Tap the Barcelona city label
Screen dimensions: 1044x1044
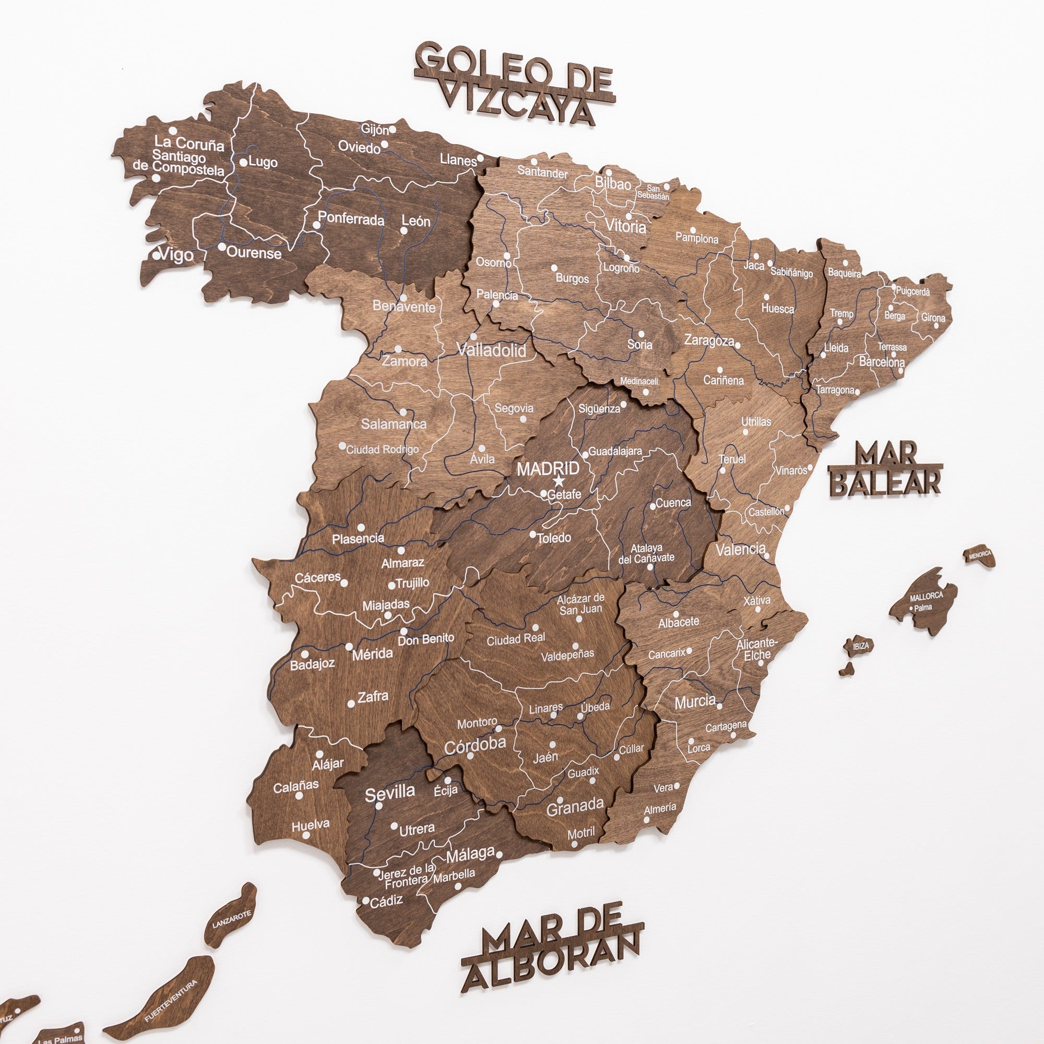coord(882,362)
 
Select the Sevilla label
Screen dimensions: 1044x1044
coord(389,793)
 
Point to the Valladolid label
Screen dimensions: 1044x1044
coord(491,350)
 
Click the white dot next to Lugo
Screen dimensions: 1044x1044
coord(244,162)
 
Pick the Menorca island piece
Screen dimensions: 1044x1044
coord(980,555)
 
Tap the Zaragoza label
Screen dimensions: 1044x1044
coord(709,340)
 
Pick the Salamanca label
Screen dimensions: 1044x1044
coord(394,424)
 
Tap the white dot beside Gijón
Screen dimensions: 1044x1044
coord(393,129)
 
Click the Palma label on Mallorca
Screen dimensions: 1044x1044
coord(923,608)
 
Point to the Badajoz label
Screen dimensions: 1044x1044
coord(312,664)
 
